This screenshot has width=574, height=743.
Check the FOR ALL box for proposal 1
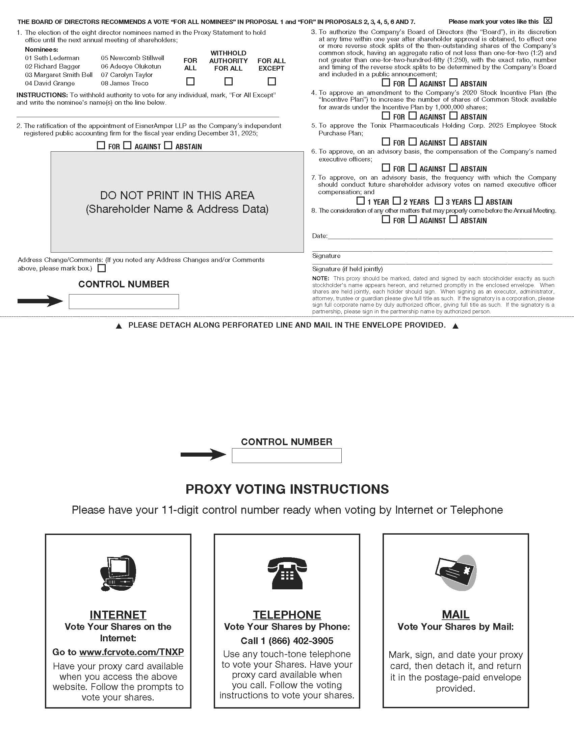(190, 82)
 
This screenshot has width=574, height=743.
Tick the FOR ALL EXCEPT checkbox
(271, 82)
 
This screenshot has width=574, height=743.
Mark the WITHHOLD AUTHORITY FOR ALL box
(229, 82)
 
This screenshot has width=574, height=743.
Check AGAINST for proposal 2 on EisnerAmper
(127, 145)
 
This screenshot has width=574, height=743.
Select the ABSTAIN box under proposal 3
(453, 82)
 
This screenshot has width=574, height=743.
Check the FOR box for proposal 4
(386, 116)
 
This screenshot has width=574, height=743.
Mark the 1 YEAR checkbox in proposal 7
(361, 201)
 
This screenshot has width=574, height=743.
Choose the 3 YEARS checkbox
(439, 201)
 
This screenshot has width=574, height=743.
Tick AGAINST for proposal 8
(413, 220)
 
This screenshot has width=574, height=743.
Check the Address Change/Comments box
(101, 268)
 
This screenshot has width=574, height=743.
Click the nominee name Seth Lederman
(56, 58)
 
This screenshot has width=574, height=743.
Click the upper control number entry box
(124, 301)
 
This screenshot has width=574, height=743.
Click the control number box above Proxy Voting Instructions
(287, 455)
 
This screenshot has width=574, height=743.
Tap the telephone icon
(287, 573)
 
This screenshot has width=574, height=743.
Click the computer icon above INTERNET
(118, 573)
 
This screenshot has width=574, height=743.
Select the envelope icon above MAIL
(456, 573)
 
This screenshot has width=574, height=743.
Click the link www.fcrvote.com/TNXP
(132, 652)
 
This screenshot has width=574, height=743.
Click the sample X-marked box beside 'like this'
(547, 20)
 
